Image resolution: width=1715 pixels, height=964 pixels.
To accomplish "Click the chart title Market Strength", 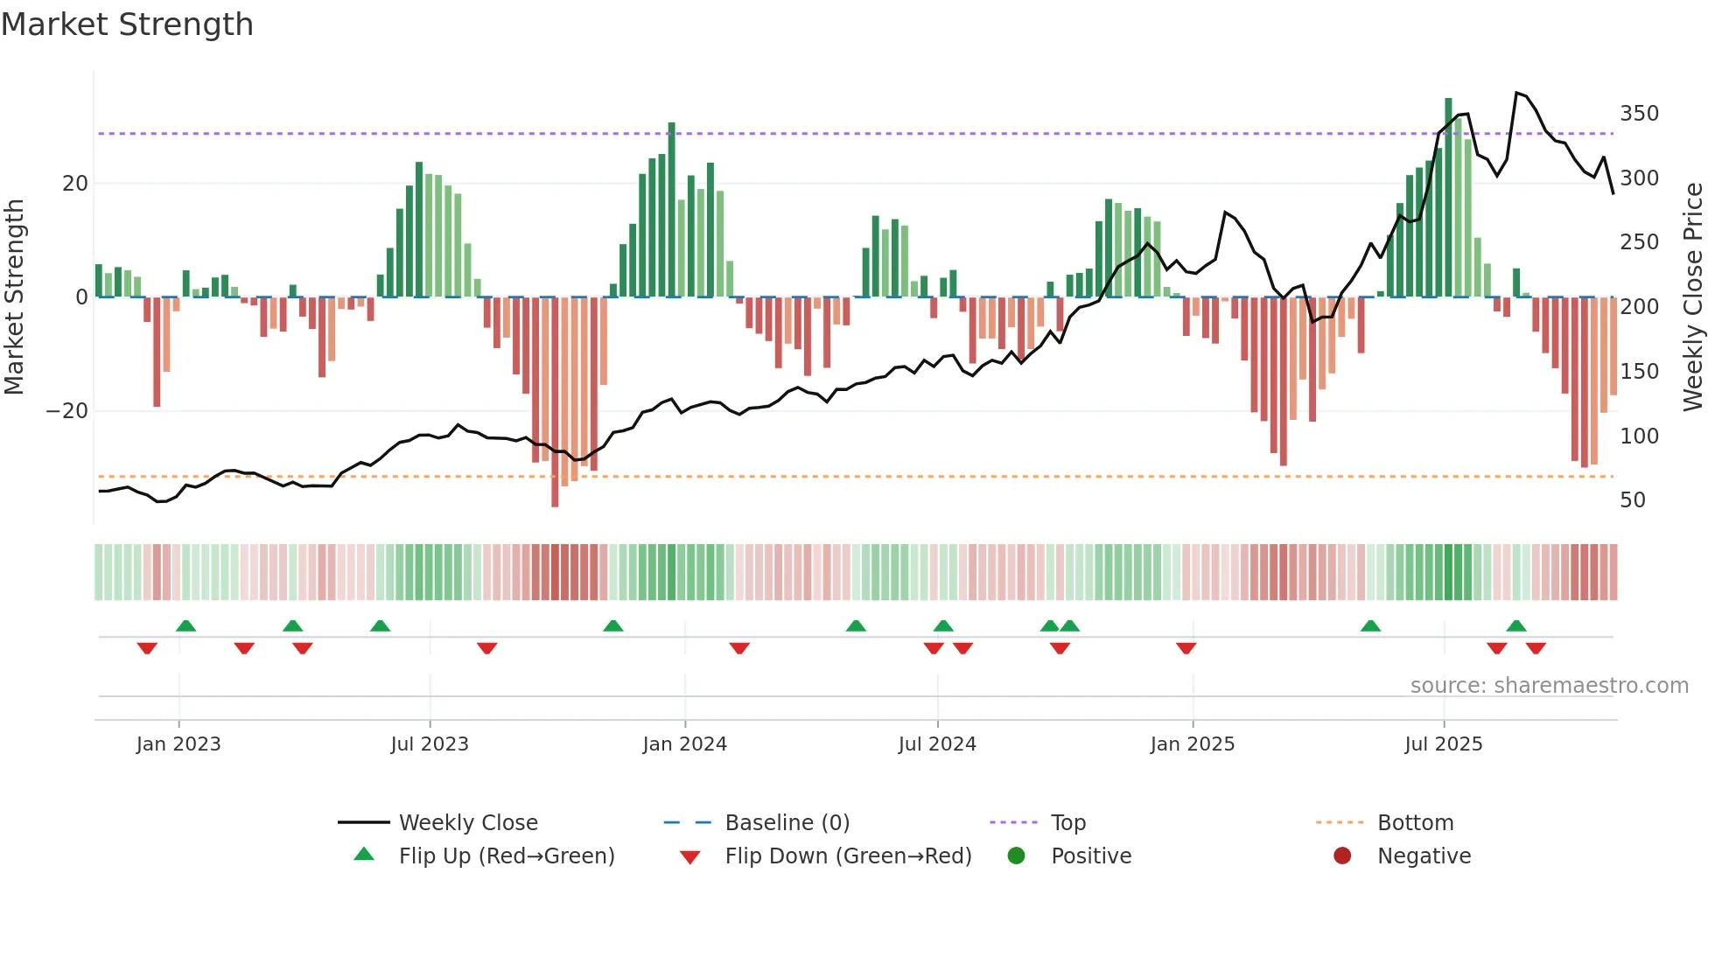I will [x=127, y=24].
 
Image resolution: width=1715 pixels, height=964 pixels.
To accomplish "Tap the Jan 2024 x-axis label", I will [x=684, y=744].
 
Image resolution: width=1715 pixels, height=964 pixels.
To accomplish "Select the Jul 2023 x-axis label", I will [x=430, y=744].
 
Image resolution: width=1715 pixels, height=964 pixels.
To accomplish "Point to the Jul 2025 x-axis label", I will [x=1444, y=744].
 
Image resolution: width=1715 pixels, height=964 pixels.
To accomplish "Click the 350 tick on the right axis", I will [x=1639, y=114].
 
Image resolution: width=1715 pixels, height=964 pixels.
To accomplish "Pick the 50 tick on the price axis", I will [x=1633, y=500].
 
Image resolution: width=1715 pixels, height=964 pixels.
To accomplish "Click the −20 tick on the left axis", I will [x=67, y=411].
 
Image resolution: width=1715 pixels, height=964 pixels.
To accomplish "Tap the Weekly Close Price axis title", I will [x=1694, y=297].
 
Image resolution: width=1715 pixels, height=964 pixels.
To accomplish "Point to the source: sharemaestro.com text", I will [x=1549, y=686].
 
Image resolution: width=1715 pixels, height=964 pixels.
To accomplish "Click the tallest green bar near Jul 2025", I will [x=1448, y=197].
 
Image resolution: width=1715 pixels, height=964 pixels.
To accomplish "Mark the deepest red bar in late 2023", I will [x=555, y=402].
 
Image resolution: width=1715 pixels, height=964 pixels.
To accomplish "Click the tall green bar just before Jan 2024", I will [x=671, y=210].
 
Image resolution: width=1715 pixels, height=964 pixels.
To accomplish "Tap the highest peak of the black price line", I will [x=1516, y=93].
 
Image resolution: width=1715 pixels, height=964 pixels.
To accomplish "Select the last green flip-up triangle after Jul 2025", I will [x=1516, y=626].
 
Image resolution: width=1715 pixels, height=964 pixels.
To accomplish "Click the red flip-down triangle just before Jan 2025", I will [x=1186, y=648].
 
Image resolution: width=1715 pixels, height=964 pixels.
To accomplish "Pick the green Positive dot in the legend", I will [x=1016, y=856].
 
